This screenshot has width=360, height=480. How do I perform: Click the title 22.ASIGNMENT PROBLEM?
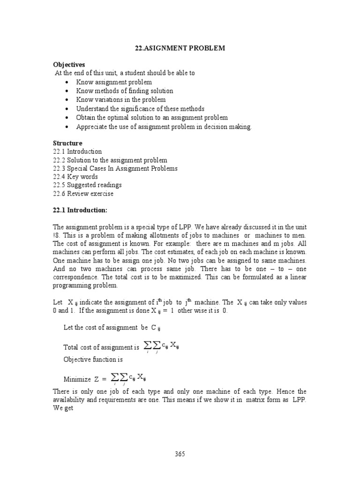(180, 48)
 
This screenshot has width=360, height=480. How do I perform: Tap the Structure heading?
(68, 143)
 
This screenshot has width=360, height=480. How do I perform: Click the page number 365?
(180, 453)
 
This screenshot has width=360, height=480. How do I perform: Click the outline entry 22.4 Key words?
(75, 177)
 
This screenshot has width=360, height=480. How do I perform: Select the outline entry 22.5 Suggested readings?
(87, 185)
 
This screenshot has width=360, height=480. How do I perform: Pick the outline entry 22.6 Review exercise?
(83, 194)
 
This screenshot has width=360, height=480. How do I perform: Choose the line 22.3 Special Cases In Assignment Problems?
(115, 168)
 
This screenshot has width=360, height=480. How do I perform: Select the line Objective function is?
(93, 360)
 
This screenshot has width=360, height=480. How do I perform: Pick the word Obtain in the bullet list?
(87, 118)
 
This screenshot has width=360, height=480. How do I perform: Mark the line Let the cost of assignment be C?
(112, 327)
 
